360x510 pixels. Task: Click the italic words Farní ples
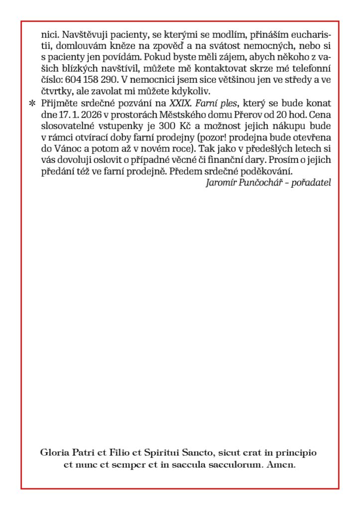point(211,103)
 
